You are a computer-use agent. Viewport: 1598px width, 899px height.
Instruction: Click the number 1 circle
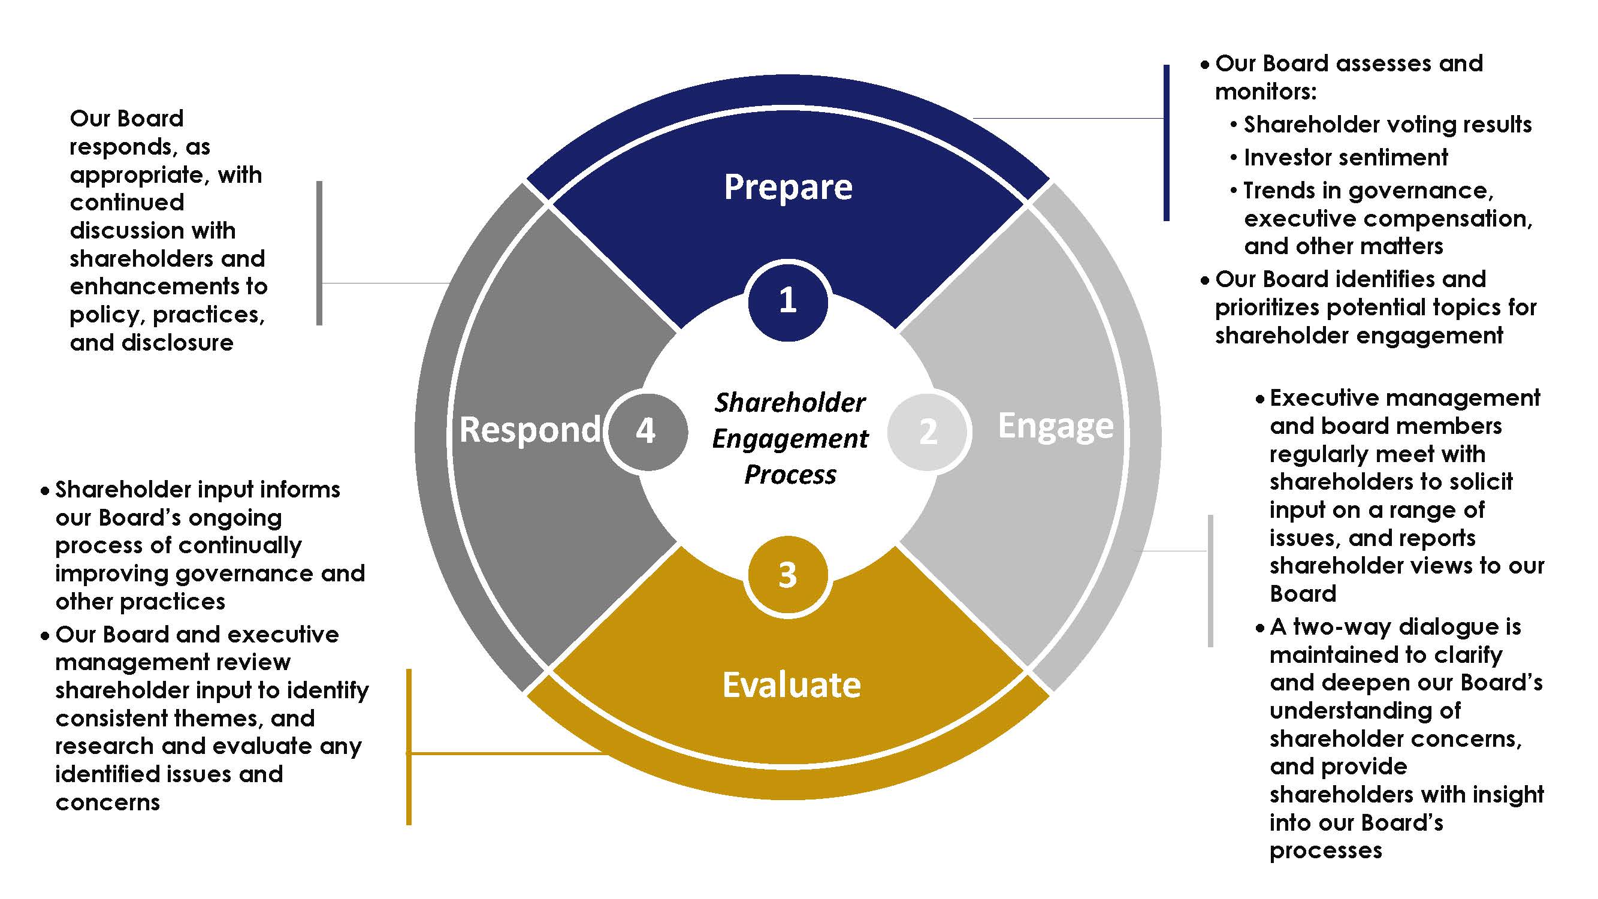point(787,301)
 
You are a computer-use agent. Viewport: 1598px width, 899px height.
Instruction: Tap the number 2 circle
point(928,431)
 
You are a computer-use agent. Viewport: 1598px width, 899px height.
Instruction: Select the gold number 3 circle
point(787,575)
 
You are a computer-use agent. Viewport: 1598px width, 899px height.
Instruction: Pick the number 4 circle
point(647,430)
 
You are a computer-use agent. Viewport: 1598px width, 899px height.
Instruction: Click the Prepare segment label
point(788,187)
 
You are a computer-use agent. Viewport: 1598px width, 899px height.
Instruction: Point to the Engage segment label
point(1055,426)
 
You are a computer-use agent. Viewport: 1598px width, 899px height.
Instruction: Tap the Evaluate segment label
point(792,686)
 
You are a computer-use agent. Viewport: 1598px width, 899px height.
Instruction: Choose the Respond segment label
point(530,430)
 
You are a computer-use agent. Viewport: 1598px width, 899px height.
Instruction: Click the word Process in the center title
point(790,475)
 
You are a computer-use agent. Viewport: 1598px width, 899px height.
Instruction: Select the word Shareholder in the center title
point(790,403)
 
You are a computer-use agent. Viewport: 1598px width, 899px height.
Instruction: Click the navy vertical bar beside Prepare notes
point(1166,143)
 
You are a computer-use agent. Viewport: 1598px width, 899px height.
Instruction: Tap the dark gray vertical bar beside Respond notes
point(319,253)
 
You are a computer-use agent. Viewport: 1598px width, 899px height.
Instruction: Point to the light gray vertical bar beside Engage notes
point(1210,581)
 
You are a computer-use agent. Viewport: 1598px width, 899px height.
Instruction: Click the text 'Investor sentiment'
point(1346,158)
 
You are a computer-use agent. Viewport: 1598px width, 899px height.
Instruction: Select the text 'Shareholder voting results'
point(1387,125)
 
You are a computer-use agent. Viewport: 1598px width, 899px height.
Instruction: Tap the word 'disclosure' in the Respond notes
point(177,343)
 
